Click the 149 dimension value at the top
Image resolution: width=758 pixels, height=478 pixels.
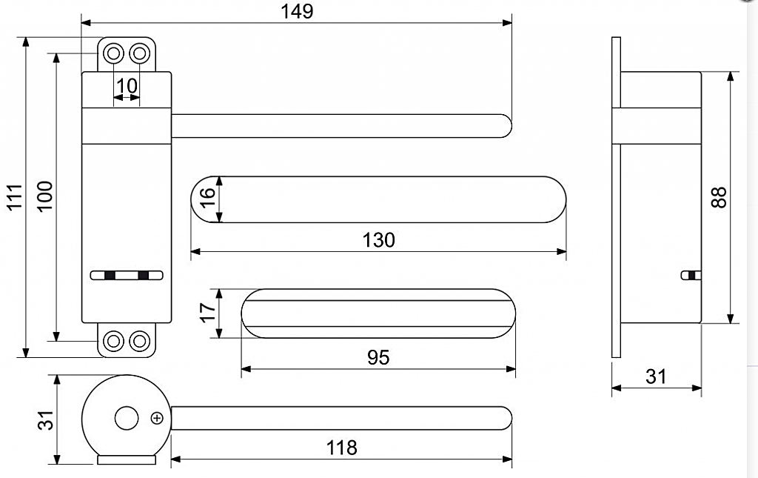[x=298, y=11]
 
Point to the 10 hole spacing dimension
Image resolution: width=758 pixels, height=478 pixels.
[x=127, y=86]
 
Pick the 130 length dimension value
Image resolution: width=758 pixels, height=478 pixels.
[x=379, y=240]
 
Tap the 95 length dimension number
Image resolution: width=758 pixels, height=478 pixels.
[x=378, y=357]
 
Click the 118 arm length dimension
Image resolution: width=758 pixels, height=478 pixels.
[x=341, y=448]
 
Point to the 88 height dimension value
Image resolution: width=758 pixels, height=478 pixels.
[x=718, y=196]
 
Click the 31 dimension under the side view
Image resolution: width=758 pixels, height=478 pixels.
[x=656, y=376]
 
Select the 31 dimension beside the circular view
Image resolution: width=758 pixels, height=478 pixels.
[x=47, y=419]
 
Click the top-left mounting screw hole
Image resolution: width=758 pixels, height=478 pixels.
[x=113, y=53]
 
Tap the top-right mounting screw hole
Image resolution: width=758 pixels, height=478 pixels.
[x=139, y=53]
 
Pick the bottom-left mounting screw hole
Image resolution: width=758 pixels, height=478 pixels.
[x=113, y=341]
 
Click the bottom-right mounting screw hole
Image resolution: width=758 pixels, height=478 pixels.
[x=139, y=341]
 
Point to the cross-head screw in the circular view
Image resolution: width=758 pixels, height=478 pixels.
[x=156, y=418]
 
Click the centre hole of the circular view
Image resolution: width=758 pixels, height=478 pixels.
[x=127, y=418]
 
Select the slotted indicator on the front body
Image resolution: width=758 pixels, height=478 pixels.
[x=127, y=276]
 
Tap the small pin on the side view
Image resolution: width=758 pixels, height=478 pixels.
[x=689, y=276]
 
